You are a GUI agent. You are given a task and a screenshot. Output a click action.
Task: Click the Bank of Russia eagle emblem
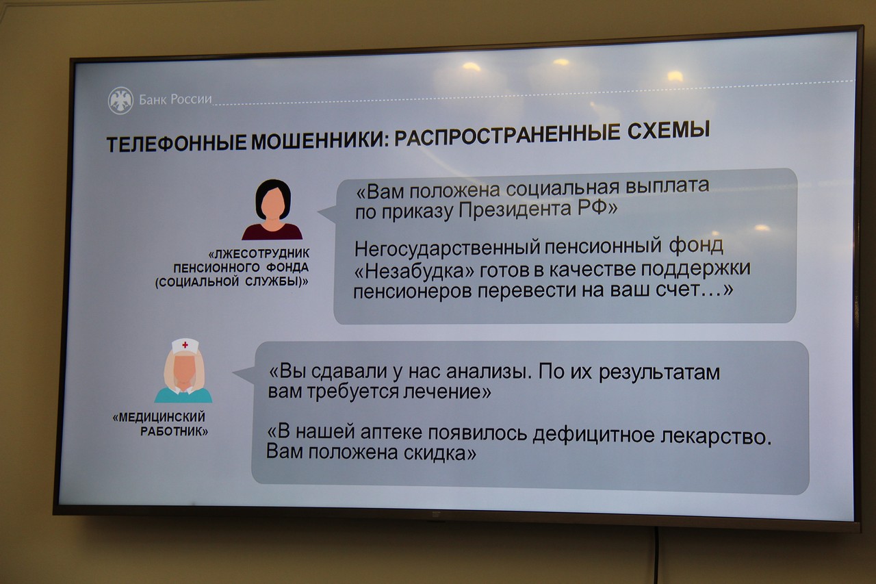pyautogui.click(x=120, y=101)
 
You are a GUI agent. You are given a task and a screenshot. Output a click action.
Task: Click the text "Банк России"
pyautogui.click(x=175, y=99)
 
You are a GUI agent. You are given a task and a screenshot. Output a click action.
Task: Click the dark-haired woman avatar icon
pyautogui.click(x=272, y=210)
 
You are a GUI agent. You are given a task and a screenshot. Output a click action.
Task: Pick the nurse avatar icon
pyautogui.click(x=183, y=370)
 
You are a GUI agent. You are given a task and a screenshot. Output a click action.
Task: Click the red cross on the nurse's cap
pyautogui.click(x=185, y=344)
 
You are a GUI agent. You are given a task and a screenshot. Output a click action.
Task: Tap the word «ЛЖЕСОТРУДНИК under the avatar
pyautogui.click(x=259, y=254)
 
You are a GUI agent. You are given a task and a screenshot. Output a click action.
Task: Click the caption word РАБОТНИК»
pyautogui.click(x=174, y=431)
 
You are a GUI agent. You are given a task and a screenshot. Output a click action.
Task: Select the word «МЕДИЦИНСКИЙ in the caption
pyautogui.click(x=159, y=417)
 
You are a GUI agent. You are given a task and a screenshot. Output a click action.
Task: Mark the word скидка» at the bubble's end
pyautogui.click(x=440, y=453)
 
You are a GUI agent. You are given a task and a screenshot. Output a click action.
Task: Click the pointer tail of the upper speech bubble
pyautogui.click(x=327, y=214)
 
